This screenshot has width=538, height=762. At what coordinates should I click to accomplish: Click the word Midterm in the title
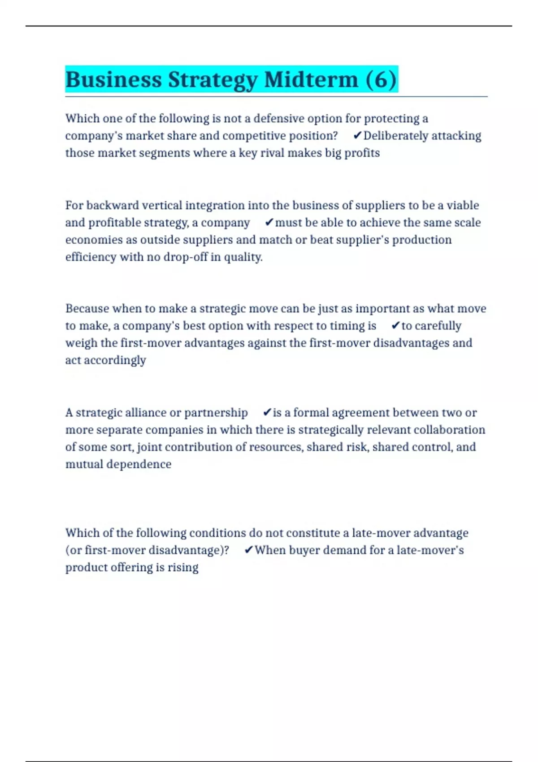click(x=311, y=80)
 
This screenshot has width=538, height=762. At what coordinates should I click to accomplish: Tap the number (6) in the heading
click(x=381, y=80)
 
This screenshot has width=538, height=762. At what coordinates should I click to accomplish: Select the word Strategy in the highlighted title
click(x=213, y=80)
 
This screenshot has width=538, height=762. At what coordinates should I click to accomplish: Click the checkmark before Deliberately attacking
click(x=357, y=135)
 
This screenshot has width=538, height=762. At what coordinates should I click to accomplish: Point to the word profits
click(x=362, y=153)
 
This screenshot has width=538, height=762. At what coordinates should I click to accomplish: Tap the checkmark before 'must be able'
click(x=269, y=222)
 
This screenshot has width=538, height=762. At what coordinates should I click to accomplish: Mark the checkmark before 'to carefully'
click(x=395, y=326)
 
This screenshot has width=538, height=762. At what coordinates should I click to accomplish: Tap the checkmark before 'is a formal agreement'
click(x=267, y=412)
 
